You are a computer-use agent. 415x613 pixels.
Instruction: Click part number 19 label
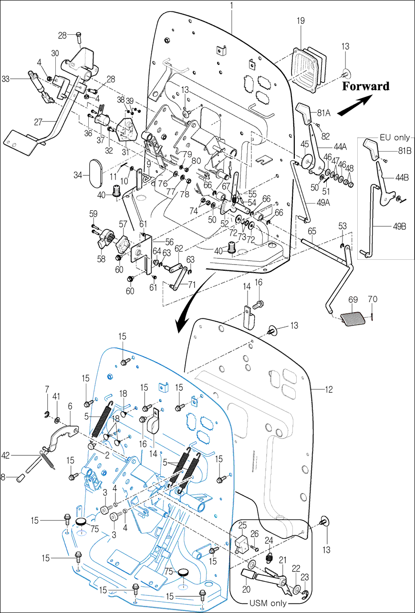click(301, 21)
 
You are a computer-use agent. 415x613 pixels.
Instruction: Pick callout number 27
click(39, 122)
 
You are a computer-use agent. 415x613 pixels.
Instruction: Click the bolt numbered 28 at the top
click(79, 36)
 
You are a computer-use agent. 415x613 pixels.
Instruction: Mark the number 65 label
click(312, 231)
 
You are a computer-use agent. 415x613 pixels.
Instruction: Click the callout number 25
click(242, 525)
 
